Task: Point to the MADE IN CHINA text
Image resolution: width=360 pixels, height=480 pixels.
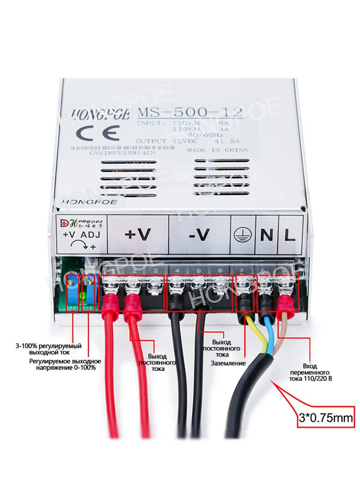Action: pos(217,150)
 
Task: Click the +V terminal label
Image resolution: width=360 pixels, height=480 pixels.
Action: pos(138,234)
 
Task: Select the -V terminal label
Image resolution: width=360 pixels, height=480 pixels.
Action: pos(199,235)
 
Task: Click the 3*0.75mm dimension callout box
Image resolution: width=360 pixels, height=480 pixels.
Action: pos(326,419)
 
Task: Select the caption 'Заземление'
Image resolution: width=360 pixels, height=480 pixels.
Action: pos(228,363)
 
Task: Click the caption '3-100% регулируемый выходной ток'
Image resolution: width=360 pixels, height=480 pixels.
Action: pos(48,349)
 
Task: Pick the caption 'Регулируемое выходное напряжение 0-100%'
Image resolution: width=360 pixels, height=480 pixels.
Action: pos(65,364)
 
